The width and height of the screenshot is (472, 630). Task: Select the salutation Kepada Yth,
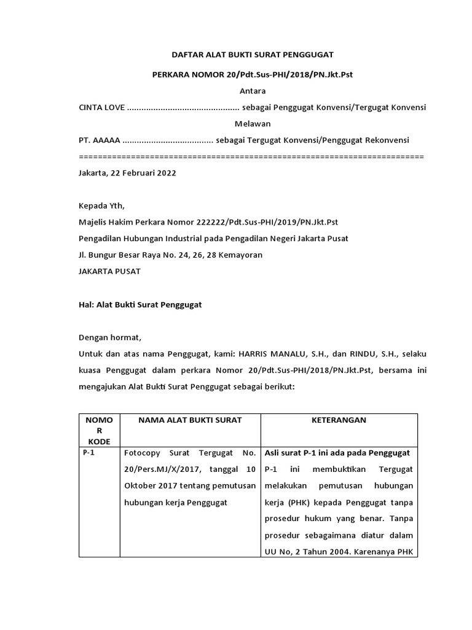tap(101, 206)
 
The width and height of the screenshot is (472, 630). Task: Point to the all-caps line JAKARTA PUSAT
tap(109, 271)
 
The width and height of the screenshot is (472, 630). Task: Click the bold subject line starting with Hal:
tap(141, 304)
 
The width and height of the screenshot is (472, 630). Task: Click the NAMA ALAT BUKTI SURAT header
tap(190, 420)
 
